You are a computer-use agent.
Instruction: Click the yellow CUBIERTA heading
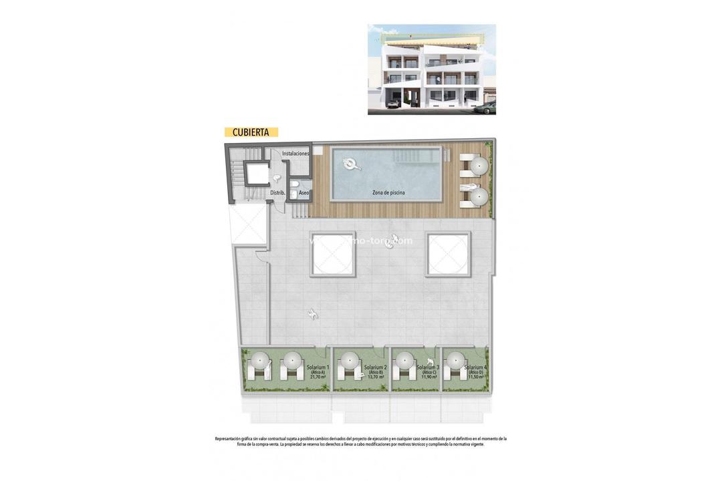pos(251,132)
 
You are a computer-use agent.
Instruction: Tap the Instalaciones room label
pos(295,154)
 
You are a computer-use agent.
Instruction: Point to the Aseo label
pos(304,192)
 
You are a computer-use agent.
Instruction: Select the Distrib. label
pos(278,192)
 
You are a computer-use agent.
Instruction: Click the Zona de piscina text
pos(388,192)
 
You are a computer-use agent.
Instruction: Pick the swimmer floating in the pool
pos(349,162)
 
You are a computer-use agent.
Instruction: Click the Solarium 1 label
pos(318,367)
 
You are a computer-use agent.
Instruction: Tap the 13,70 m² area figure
pos(375,377)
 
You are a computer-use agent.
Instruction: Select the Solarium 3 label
pos(428,367)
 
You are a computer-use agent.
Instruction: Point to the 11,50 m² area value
pos(475,377)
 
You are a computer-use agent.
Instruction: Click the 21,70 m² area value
pos(318,377)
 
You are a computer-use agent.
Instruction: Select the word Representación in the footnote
pos(232,439)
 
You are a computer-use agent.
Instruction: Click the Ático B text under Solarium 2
pos(375,372)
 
